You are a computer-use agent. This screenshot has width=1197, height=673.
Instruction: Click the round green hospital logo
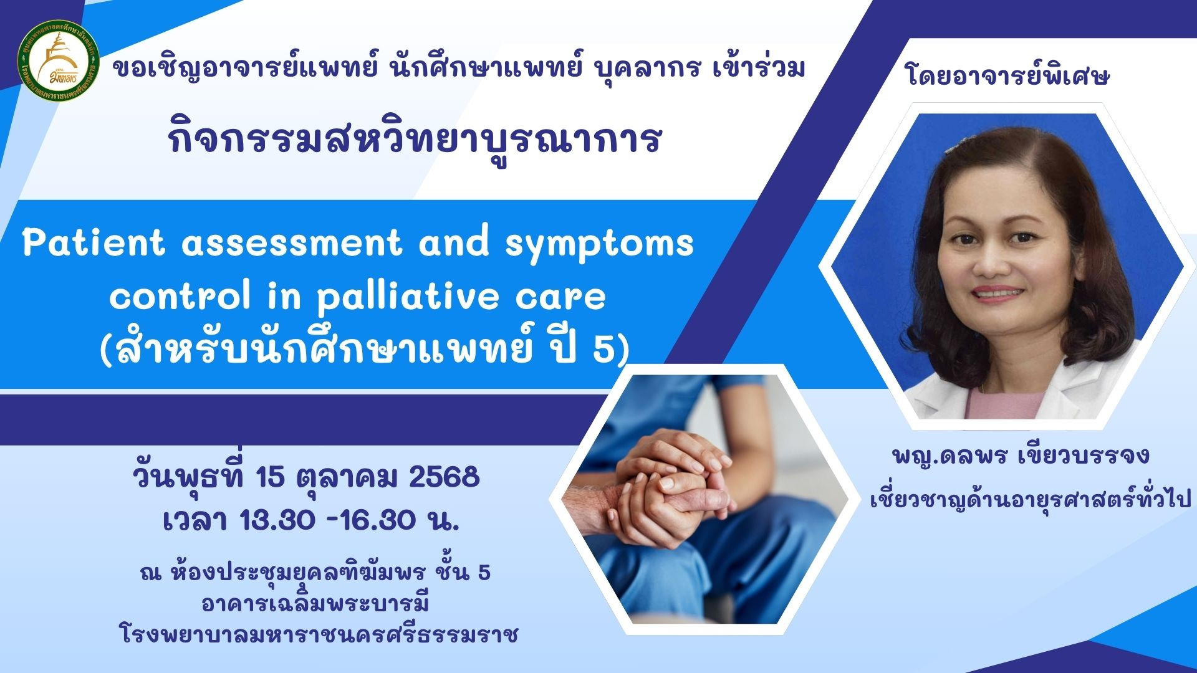(59, 61)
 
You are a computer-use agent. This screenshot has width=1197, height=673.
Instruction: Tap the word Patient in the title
(94, 242)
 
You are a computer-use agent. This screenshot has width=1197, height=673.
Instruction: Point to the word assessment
(292, 243)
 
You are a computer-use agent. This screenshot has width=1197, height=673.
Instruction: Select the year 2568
(445, 477)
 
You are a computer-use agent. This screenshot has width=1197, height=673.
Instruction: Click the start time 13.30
(277, 520)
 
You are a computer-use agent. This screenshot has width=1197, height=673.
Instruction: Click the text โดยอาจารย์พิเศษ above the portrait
(1007, 76)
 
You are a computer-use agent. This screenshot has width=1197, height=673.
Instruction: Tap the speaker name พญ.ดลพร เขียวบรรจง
(1021, 456)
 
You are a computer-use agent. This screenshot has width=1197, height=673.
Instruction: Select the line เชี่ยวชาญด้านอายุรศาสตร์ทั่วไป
(1031, 499)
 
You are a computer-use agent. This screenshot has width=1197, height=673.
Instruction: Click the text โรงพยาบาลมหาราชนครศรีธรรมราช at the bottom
(319, 634)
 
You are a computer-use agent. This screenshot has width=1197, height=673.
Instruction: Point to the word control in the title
(180, 296)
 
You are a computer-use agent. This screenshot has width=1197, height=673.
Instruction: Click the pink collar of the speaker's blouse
(1004, 402)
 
